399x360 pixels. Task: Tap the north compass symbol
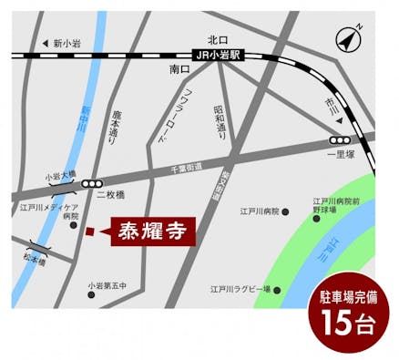347,40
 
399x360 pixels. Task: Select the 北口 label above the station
217,39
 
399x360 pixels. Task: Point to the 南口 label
179,68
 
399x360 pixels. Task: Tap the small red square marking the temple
89,232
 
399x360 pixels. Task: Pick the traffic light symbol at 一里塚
341,140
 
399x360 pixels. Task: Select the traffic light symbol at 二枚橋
91,182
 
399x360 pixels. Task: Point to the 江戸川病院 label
259,211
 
